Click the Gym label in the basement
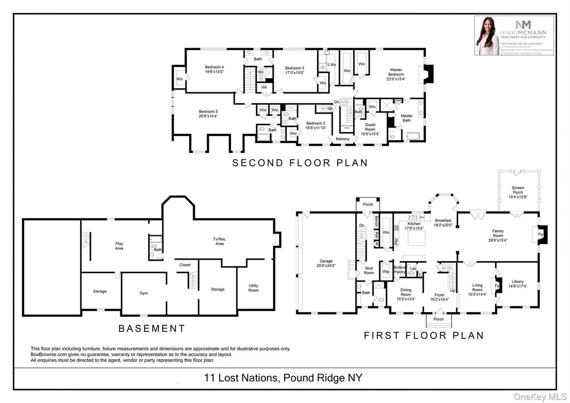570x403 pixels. coord(144,293)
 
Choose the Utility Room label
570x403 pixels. coord(253,288)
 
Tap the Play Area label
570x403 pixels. coord(119,246)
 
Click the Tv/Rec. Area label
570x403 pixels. coord(220,241)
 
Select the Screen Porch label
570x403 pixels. coord(518,190)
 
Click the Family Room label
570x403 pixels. coord(498,233)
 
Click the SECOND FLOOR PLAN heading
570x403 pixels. coord(300,163)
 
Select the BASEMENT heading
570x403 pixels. coord(152,329)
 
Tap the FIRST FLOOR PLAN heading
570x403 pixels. coord(424,335)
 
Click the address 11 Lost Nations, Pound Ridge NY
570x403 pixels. coord(284,378)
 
